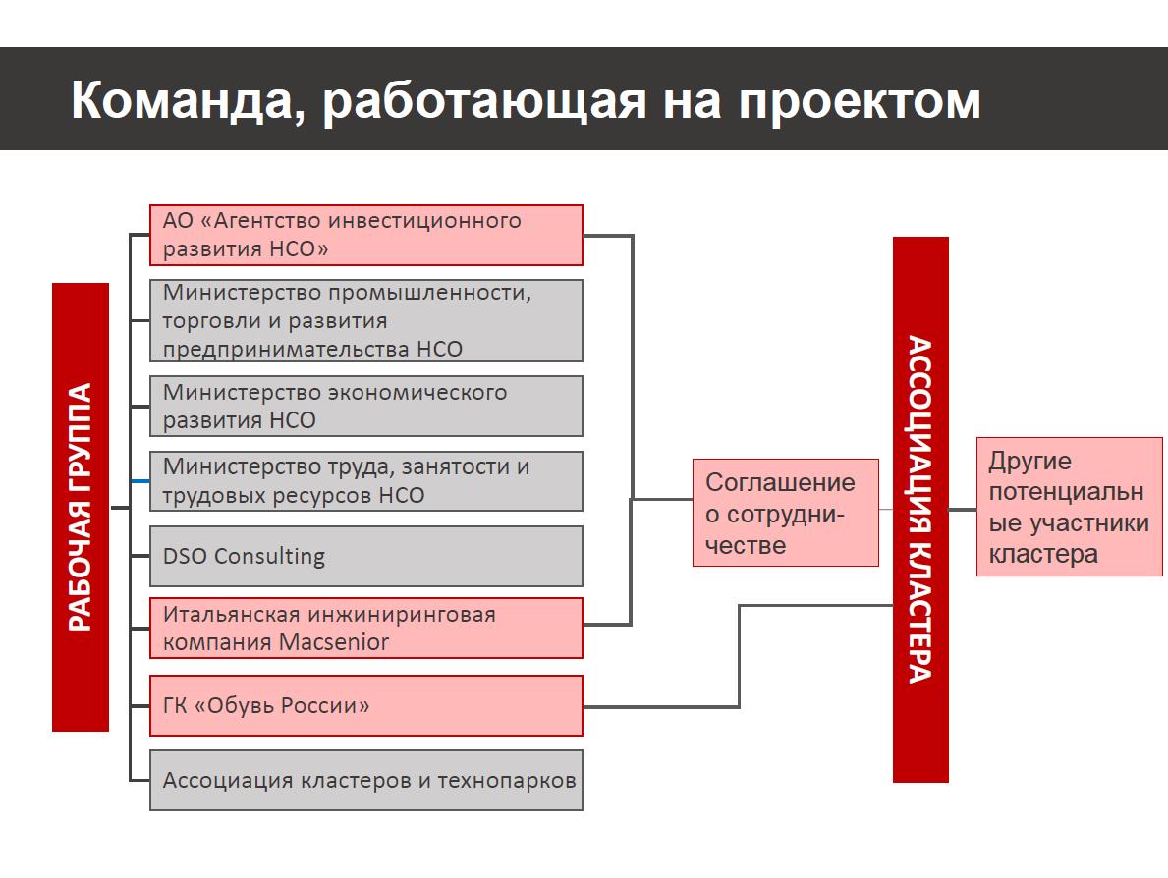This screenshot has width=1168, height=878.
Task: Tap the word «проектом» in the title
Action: click(x=860, y=101)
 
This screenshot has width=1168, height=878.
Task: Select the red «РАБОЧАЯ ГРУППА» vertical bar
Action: click(x=81, y=507)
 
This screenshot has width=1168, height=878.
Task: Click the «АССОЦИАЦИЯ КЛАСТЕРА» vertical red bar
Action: click(x=920, y=510)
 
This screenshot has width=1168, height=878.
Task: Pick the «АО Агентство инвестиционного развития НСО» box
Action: click(x=365, y=236)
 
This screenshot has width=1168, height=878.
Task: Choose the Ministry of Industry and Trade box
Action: click(x=365, y=321)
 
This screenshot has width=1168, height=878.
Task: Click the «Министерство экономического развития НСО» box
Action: click(x=365, y=406)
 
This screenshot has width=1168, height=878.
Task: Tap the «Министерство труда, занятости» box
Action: click(x=365, y=481)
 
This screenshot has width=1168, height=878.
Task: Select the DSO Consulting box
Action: click(x=365, y=556)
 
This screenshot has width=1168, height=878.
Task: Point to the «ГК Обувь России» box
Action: click(x=365, y=706)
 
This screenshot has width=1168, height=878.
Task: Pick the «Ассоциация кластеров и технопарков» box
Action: click(x=365, y=781)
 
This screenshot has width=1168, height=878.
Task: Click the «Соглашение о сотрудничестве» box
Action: click(x=786, y=513)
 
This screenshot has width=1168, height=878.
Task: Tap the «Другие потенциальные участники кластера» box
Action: click(x=1070, y=507)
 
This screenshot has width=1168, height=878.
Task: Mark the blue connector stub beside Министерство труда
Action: click(x=140, y=481)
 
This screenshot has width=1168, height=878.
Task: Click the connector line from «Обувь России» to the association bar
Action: click(x=739, y=655)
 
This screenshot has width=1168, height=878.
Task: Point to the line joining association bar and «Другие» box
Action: click(x=963, y=510)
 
